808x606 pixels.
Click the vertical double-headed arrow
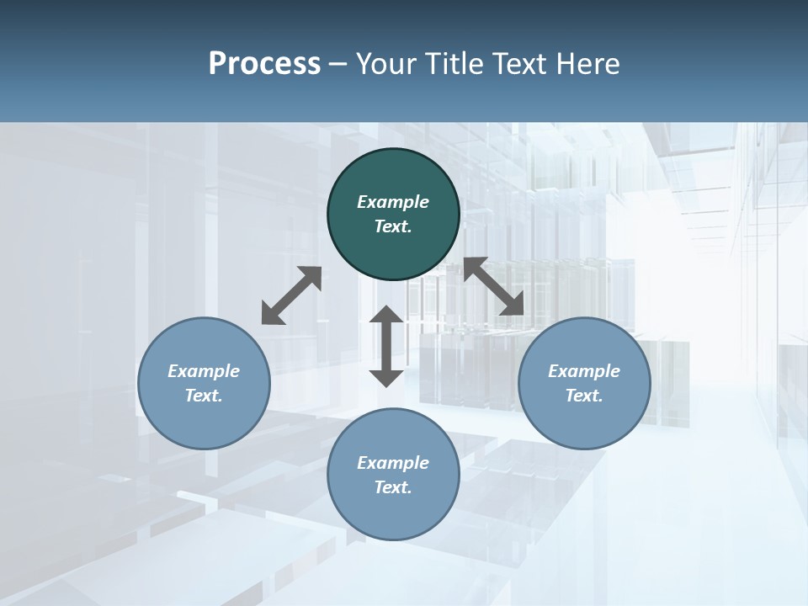tap(386, 346)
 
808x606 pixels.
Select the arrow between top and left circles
tap(291, 295)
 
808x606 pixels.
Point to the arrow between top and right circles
tap(493, 287)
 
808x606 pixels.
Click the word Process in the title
tap(264, 63)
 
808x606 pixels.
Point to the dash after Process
tap(338, 63)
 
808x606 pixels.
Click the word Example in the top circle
tap(393, 202)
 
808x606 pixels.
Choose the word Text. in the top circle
tap(393, 226)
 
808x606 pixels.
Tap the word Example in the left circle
tap(204, 371)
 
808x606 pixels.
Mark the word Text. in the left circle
tap(204, 396)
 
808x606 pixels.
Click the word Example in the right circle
tap(584, 371)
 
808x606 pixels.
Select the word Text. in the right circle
tap(584, 396)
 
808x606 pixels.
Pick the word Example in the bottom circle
tap(393, 463)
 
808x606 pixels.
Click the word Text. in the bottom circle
tap(393, 487)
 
